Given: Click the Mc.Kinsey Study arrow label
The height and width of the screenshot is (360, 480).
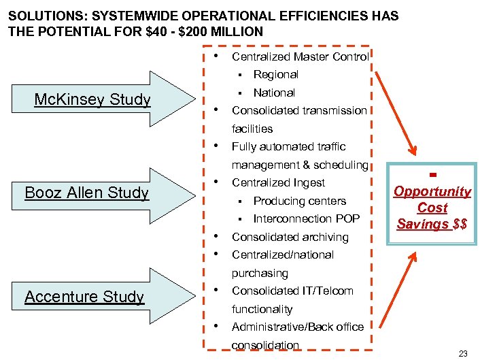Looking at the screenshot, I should (x=92, y=100).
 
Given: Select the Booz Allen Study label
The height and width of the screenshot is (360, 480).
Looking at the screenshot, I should (x=86, y=193).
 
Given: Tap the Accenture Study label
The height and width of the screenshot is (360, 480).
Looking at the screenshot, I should (x=84, y=296).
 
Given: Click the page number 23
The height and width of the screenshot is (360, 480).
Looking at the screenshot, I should (x=464, y=353).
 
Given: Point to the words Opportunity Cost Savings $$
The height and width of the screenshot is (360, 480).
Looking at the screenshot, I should (x=432, y=208).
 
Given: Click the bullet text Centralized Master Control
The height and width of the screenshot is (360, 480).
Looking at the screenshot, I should (x=300, y=56).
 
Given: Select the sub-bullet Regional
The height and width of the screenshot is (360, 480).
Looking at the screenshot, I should (x=275, y=74).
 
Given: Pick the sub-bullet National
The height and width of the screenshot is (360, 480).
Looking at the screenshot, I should (x=274, y=93).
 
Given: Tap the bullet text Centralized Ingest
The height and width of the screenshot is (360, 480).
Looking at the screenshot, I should (x=278, y=182).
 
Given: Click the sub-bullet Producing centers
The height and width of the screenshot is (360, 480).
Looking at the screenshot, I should (x=299, y=201).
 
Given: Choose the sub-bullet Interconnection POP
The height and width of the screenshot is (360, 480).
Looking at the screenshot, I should (x=306, y=218).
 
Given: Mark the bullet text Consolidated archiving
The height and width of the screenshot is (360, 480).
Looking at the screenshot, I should (x=290, y=237).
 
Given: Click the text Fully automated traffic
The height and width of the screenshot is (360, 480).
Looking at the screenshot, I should (x=288, y=146).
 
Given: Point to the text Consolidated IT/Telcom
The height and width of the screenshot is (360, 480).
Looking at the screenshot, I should (x=292, y=291).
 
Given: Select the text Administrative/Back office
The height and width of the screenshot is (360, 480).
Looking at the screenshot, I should (x=298, y=327).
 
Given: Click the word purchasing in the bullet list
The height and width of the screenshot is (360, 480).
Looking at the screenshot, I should (x=260, y=273).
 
